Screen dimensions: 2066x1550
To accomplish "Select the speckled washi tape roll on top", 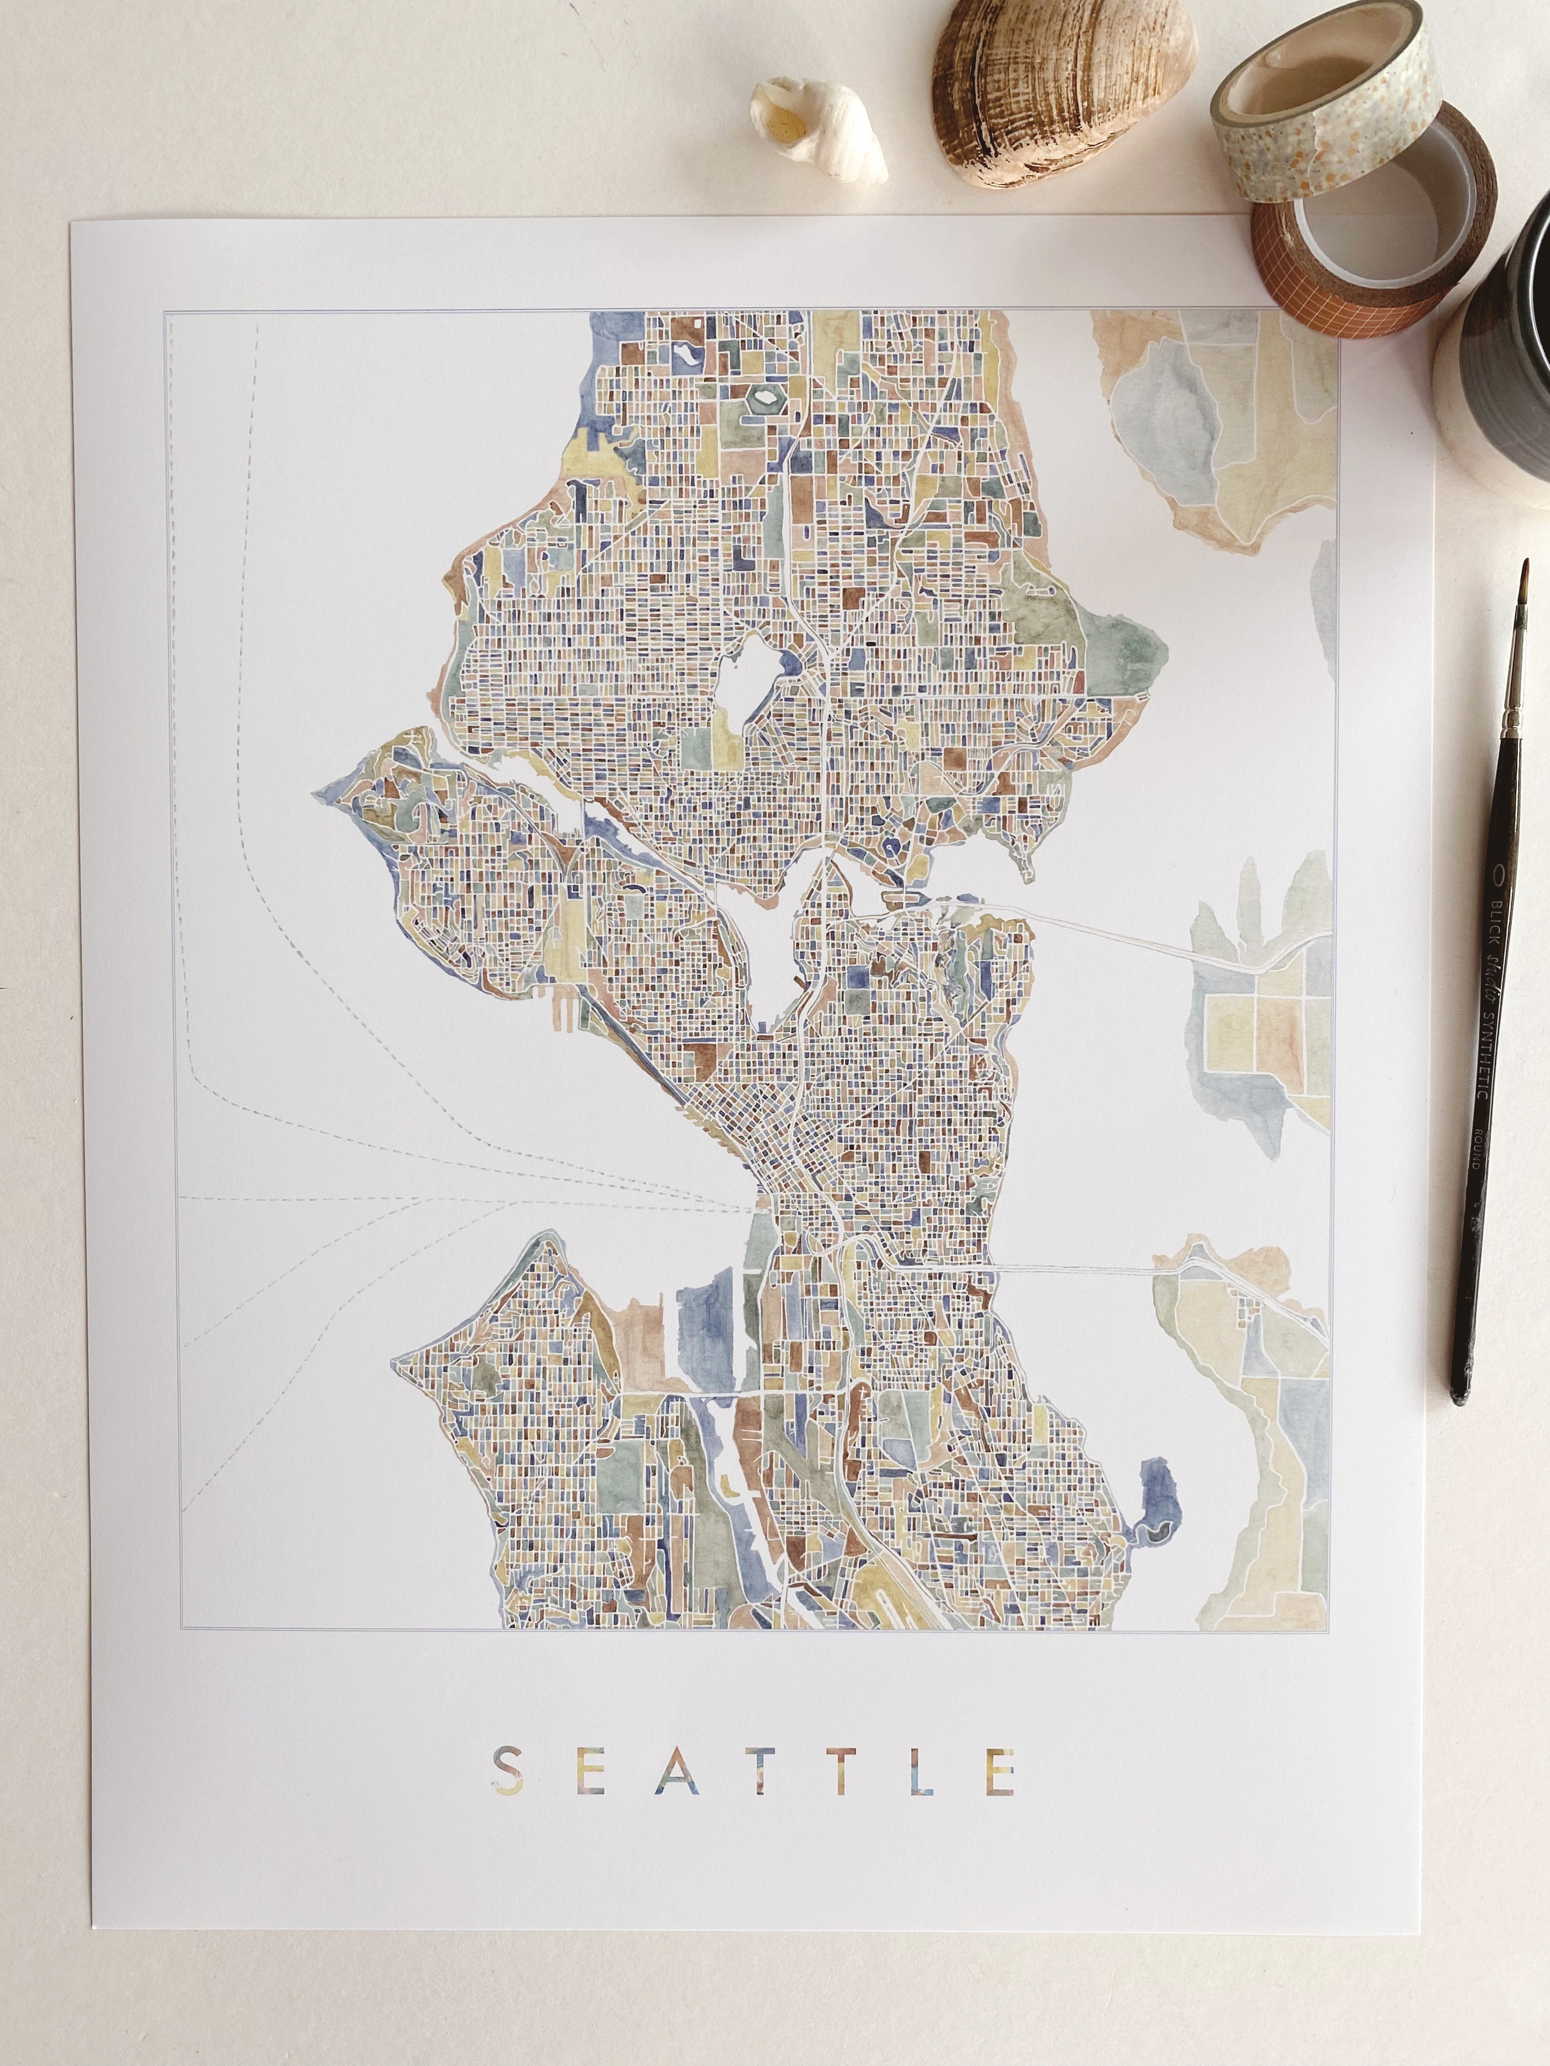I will [1327, 93].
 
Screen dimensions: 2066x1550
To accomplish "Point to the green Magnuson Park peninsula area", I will [1121, 645].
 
